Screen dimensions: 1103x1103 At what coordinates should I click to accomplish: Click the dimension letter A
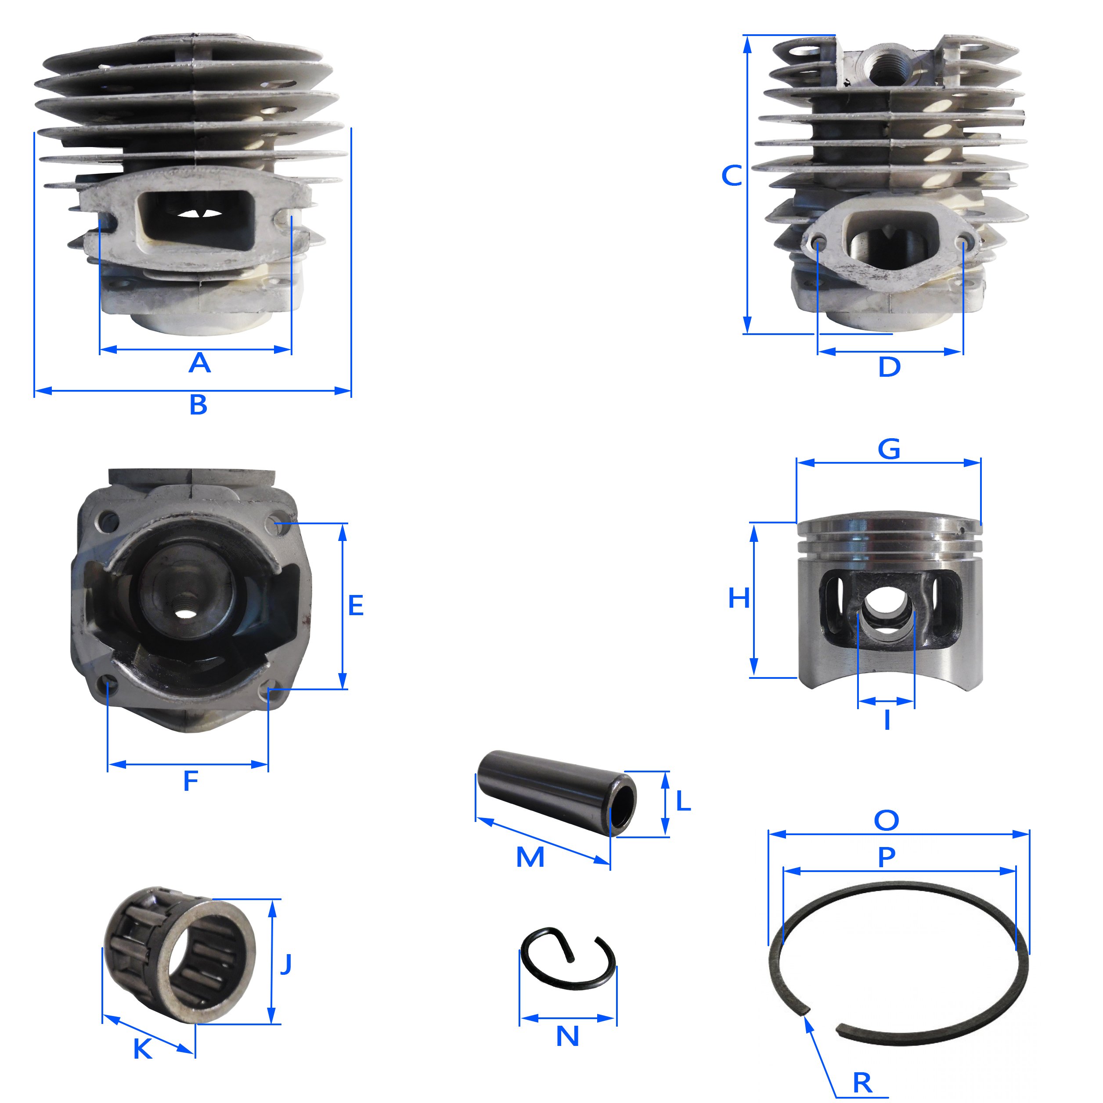(x=199, y=363)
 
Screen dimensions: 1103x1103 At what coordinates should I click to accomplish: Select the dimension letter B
(x=198, y=405)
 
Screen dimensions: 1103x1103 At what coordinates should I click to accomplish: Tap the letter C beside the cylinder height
(x=732, y=175)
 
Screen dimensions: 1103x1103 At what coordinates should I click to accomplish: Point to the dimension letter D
(x=889, y=367)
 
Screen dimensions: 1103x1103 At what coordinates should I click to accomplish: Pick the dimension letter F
(x=191, y=780)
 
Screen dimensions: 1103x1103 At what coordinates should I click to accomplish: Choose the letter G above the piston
(x=889, y=449)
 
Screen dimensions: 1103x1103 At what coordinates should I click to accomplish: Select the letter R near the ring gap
(x=863, y=1082)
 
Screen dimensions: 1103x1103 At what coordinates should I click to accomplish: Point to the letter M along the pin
(x=530, y=857)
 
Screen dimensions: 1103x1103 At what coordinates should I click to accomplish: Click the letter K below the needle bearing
(x=143, y=1049)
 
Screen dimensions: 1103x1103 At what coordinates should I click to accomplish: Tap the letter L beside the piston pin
(x=683, y=801)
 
